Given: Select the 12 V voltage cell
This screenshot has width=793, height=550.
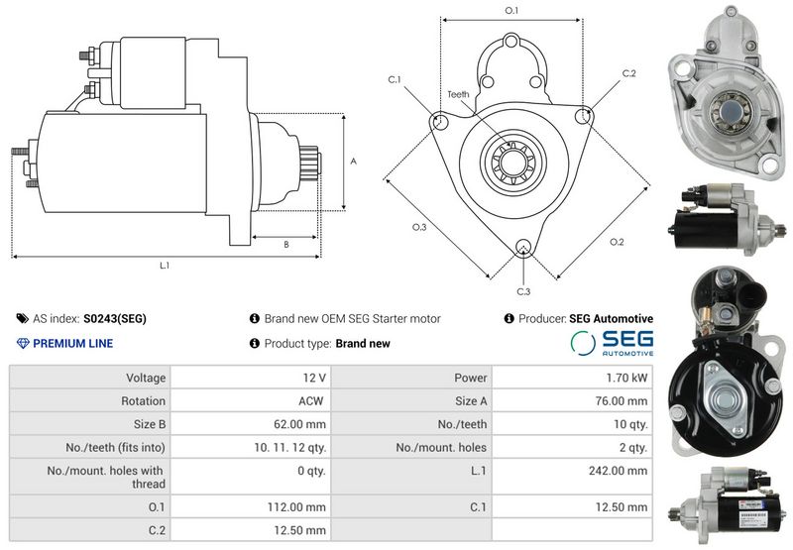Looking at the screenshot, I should tap(315, 378).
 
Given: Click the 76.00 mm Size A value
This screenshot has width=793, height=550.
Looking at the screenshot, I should tap(623, 400).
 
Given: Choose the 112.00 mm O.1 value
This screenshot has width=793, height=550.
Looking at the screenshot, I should tap(302, 506).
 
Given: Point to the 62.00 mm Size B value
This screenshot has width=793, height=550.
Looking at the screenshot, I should tap(302, 424).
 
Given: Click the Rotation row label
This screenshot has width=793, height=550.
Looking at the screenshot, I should tap(145, 400).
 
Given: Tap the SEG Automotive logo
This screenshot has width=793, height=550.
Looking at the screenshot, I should tap(613, 342).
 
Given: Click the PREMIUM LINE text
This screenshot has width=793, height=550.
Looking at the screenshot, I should tap(72, 344).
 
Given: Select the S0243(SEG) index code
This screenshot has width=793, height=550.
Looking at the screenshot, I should tap(115, 319).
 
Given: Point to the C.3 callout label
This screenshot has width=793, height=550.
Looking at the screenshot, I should tap(523, 290).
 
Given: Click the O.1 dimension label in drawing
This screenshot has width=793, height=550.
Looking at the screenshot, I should tap(511, 10).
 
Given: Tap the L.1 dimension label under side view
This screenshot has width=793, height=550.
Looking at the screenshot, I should tap(165, 266).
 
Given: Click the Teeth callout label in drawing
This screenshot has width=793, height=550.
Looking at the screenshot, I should tap(457, 94).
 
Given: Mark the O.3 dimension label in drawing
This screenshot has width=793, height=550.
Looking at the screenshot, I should tap(419, 228).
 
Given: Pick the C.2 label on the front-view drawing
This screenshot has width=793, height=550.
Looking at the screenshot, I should tap(628, 73).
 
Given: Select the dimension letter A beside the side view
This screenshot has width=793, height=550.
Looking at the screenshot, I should tap(354, 161).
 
